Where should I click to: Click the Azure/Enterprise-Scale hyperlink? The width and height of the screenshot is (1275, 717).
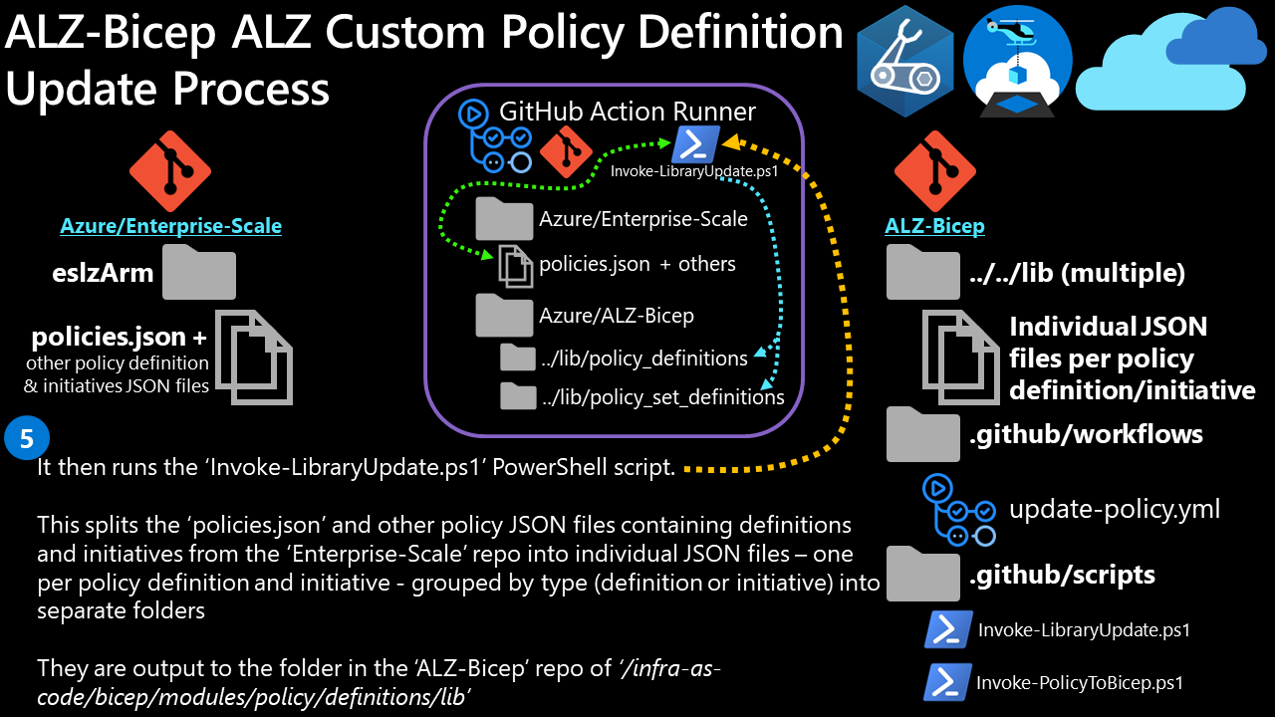[x=170, y=226]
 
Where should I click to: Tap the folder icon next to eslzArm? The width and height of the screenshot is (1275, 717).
[x=199, y=272]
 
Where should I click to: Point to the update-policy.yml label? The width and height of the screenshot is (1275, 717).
[x=1115, y=510]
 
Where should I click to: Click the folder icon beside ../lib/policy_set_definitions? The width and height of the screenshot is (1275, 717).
[x=518, y=396]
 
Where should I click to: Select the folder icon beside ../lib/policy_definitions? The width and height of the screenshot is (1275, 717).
[x=518, y=358]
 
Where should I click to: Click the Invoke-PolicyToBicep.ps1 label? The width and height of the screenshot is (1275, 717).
[x=1080, y=683]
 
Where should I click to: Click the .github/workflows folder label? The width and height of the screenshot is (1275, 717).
[x=1087, y=434]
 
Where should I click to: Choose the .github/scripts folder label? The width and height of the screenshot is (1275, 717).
[x=1063, y=575]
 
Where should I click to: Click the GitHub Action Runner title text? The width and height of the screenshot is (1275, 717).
[x=628, y=112]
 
